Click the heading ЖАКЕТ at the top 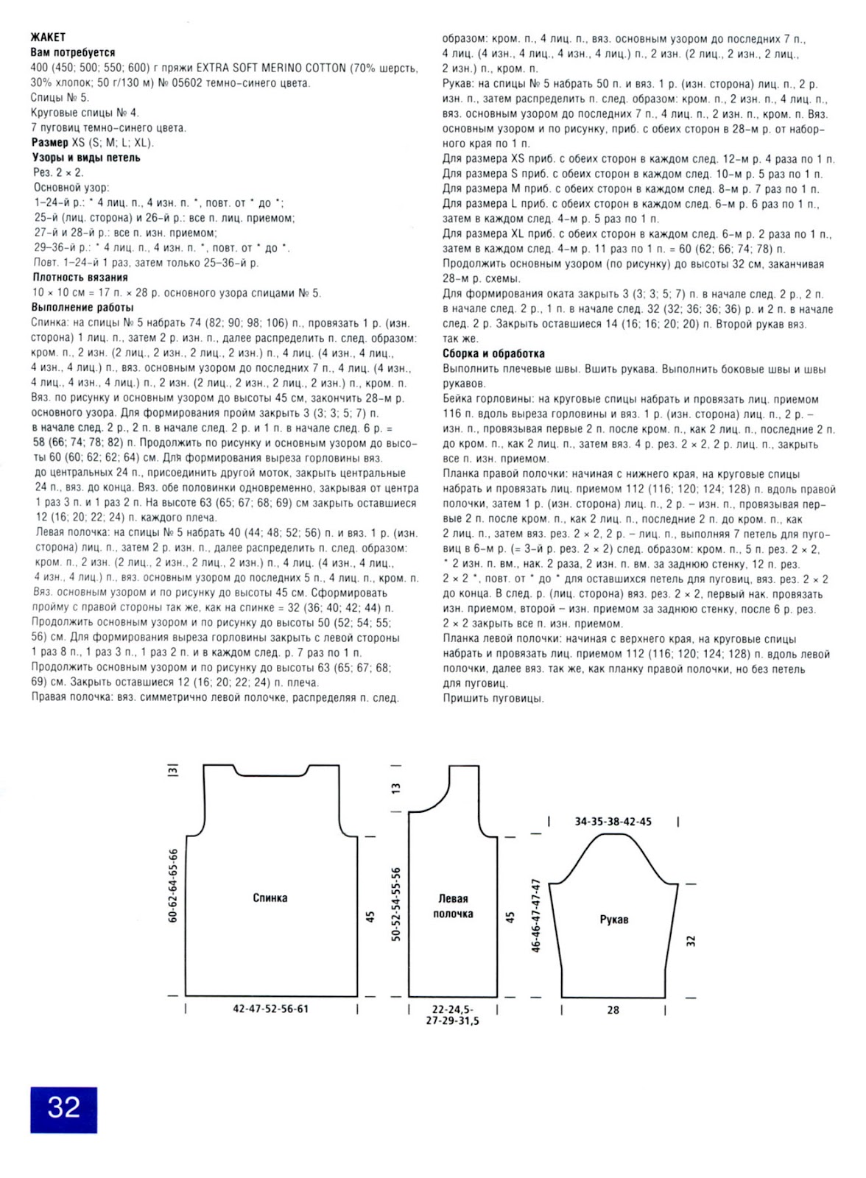48,37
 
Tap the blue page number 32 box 63,1107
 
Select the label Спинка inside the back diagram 270,898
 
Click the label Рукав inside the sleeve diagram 614,920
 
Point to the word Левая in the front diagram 453,899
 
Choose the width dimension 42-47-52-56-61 270,1009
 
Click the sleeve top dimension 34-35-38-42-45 613,822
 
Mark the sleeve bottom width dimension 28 613,1010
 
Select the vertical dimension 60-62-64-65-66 173,886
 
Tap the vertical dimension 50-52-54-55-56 396,904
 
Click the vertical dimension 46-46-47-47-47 536,915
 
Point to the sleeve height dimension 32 691,941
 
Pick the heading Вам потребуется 73,52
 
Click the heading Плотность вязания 80,278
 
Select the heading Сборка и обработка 493,353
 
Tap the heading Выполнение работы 82,308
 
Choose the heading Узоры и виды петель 85,158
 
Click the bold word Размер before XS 49,142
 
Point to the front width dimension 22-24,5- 452,1009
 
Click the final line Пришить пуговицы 493,698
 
